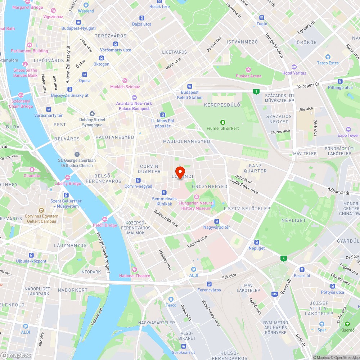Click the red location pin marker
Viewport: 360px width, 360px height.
(180, 171)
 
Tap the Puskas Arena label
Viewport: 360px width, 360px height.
(248, 76)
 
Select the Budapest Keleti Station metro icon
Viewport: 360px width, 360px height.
(189, 86)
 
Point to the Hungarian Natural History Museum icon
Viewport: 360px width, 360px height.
(197, 197)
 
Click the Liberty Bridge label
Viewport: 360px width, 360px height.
(68, 184)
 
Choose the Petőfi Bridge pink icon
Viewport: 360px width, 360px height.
(105, 219)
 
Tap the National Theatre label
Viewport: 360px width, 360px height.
(135, 276)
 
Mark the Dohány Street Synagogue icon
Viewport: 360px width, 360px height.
(92, 114)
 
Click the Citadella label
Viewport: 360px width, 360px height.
(32, 176)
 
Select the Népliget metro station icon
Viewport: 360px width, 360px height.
(257, 242)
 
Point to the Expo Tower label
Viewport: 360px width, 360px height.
(348, 135)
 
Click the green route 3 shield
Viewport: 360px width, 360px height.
(256, 91)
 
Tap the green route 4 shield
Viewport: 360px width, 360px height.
(284, 258)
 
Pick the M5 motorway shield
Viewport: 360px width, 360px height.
(275, 294)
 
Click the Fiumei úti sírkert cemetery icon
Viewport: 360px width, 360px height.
(223, 122)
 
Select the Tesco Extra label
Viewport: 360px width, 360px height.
(328, 63)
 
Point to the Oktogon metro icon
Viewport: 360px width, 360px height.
(102, 58)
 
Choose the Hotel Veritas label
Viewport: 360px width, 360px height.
(294, 73)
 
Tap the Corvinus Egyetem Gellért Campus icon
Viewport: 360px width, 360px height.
(41, 210)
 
